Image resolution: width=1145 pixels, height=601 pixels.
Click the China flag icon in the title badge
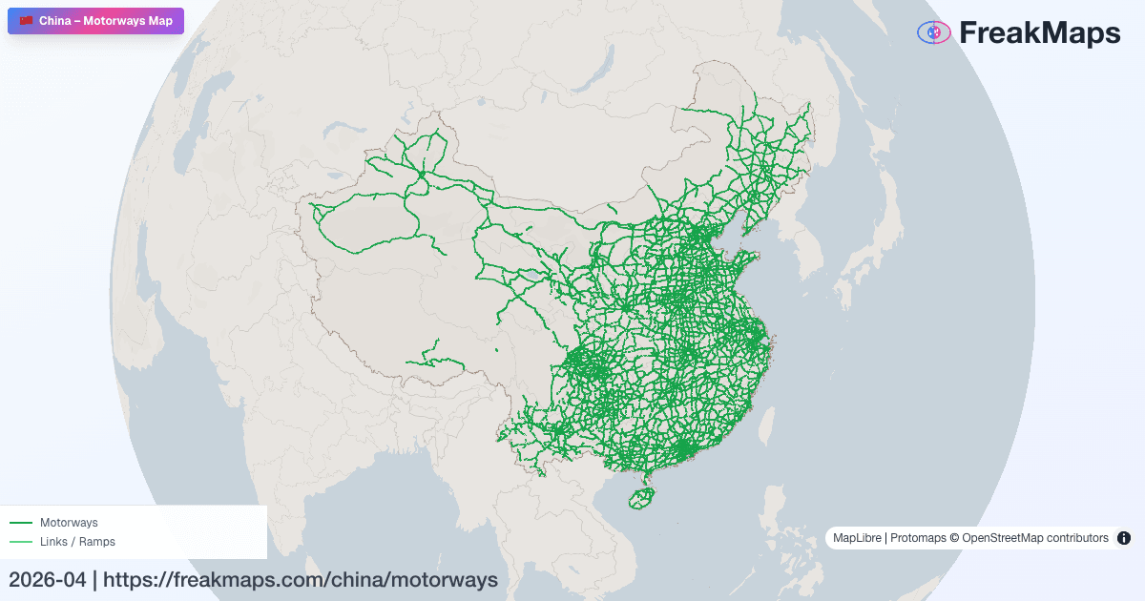tap(26, 21)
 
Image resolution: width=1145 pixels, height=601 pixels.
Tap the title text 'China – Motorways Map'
tap(105, 21)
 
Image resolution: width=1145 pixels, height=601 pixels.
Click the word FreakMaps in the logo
tap(1039, 33)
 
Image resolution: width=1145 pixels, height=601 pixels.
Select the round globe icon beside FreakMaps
tap(933, 33)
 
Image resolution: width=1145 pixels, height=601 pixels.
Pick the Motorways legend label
tap(69, 523)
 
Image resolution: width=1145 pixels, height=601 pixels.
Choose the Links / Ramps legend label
tap(77, 542)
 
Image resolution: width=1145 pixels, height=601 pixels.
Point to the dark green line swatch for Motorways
tap(21, 523)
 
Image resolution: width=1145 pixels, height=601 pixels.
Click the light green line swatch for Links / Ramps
tap(21, 542)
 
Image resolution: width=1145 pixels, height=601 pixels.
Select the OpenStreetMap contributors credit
tap(1034, 538)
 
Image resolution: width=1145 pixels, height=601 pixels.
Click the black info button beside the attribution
tap(1124, 538)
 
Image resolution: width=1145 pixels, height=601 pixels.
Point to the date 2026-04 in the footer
tap(47, 579)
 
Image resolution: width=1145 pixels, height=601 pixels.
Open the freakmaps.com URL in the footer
tap(301, 579)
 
